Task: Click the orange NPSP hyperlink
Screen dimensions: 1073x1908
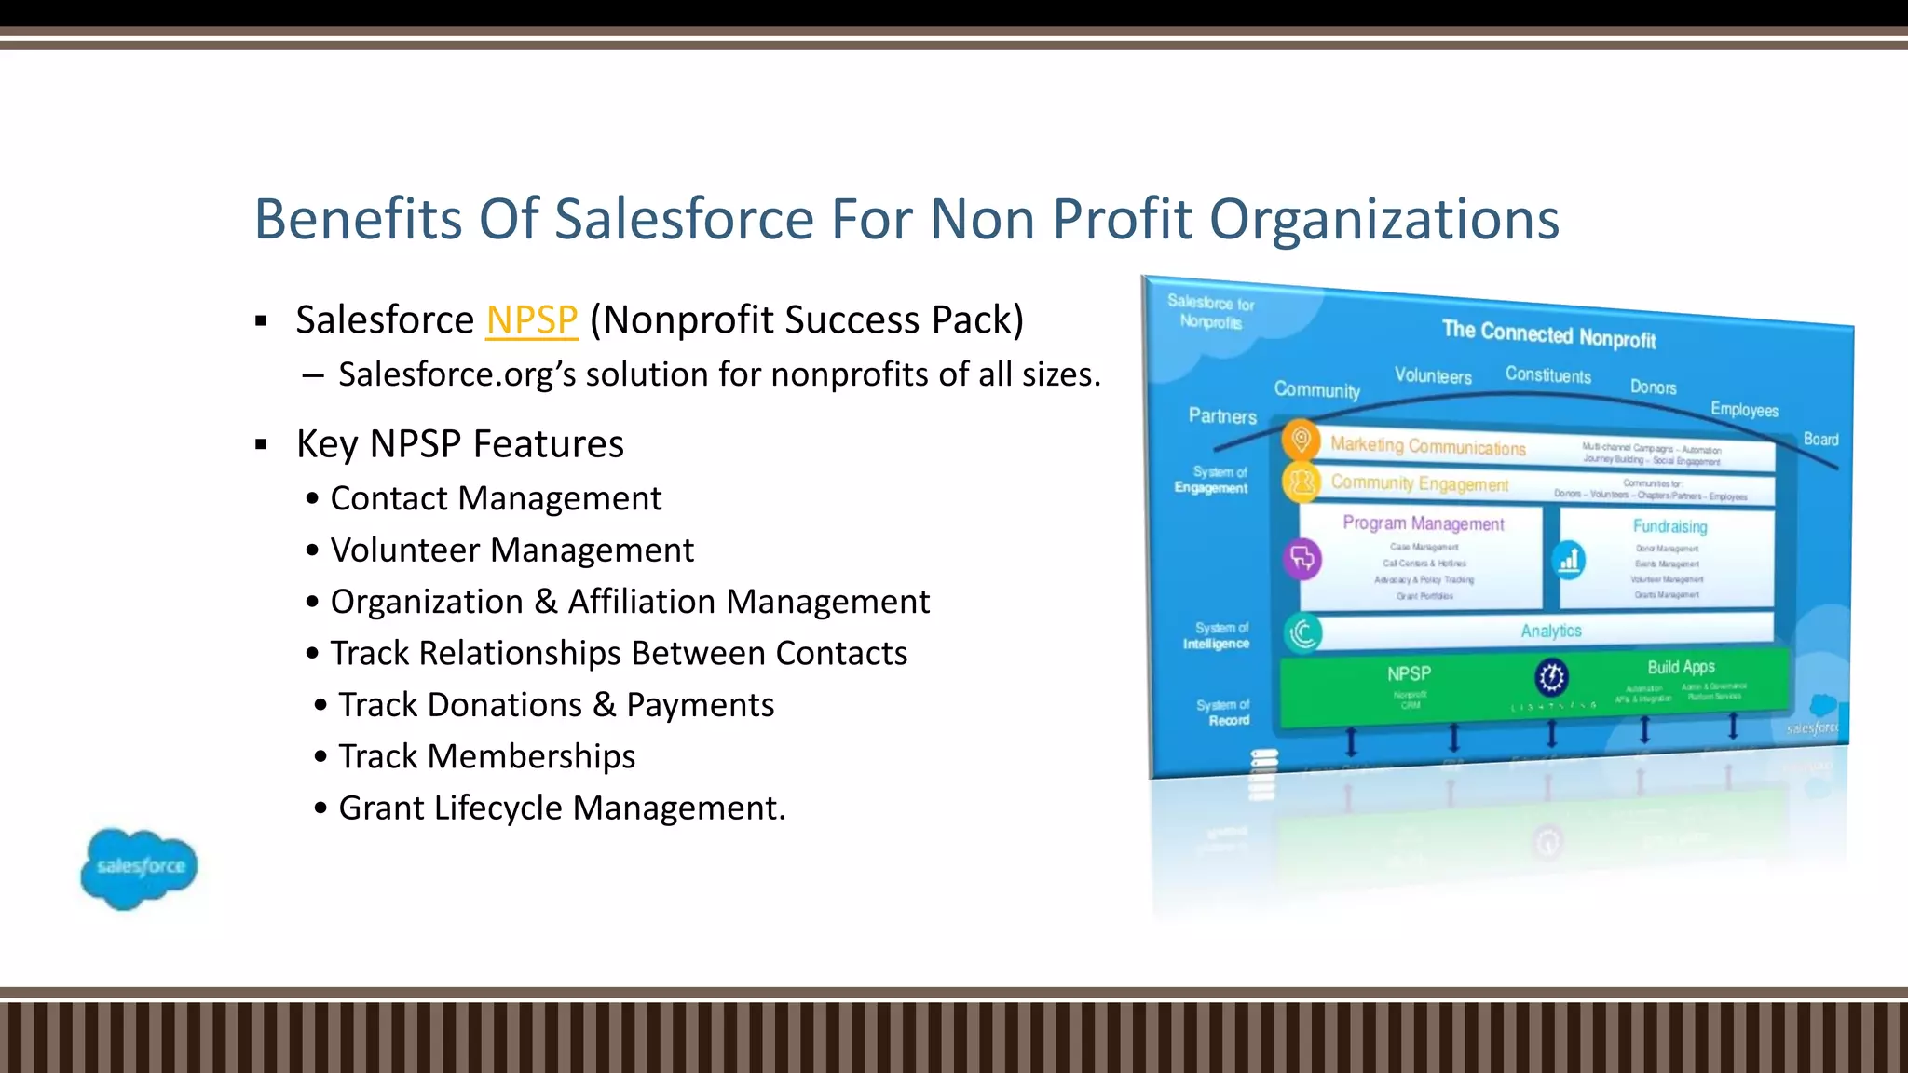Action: [532, 320]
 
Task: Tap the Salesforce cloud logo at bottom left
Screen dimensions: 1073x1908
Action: [139, 868]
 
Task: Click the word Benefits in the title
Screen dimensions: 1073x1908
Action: [359, 220]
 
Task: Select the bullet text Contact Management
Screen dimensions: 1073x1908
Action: [496, 498]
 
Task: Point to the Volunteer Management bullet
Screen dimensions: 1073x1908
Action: [511, 550]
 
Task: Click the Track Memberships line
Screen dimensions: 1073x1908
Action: [486, 756]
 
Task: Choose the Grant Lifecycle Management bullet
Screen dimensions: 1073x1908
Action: [562, 808]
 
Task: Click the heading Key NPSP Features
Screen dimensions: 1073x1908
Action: [459, 444]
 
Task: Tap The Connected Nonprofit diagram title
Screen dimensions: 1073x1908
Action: [1548, 333]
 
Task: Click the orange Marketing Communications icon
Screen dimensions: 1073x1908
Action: [1302, 440]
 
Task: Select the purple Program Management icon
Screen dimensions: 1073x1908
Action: [1302, 559]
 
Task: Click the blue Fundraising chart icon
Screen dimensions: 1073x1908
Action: [1570, 560]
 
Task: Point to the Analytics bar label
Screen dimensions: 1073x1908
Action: [1551, 631]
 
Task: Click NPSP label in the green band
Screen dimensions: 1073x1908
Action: [1409, 673]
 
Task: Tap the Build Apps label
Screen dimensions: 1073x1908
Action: [1681, 667]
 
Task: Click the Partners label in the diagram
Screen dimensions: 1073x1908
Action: [1222, 416]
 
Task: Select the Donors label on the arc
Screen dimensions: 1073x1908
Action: [1653, 387]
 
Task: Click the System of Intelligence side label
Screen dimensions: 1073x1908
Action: [1217, 636]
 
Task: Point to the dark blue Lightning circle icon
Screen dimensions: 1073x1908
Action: [1551, 677]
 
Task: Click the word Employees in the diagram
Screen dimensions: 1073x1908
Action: [1744, 410]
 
